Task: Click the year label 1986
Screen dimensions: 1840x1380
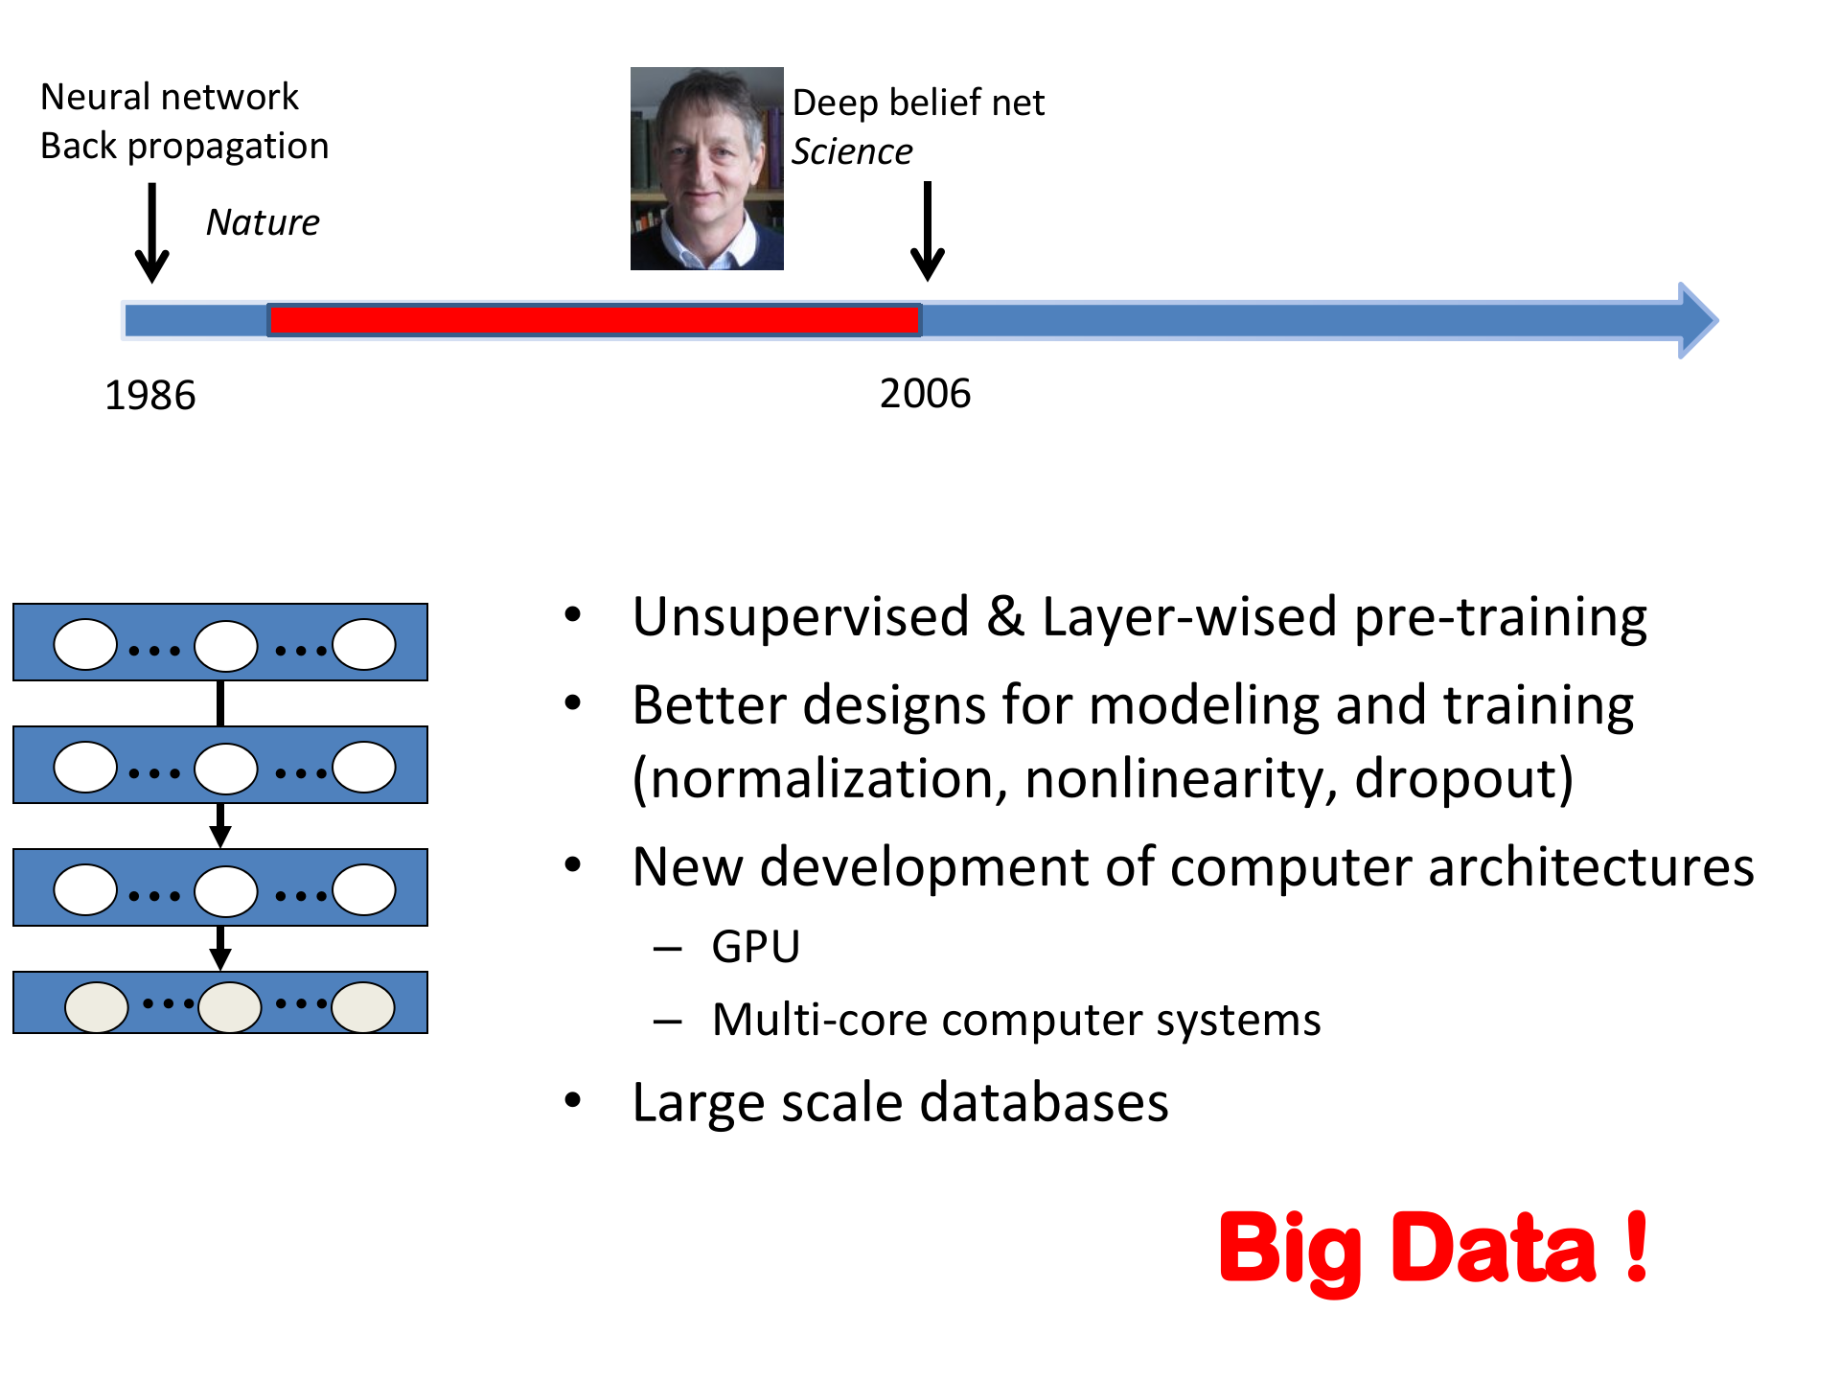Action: coord(150,395)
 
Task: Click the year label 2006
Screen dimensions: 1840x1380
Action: coord(925,393)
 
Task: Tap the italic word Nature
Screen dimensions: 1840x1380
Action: coord(263,222)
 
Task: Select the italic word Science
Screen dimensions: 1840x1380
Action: coord(852,151)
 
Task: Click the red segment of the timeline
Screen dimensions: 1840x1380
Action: coord(594,320)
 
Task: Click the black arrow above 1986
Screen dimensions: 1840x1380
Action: coord(151,233)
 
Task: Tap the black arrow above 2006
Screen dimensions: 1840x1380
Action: coord(927,231)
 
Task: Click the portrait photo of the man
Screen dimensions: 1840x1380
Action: coord(707,169)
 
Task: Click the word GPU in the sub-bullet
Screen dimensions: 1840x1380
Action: coord(755,947)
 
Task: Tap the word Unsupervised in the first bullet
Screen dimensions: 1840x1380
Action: coord(801,616)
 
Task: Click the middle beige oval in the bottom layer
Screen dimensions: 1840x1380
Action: coord(229,1006)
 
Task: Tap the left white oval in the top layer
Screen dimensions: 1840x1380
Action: coord(85,644)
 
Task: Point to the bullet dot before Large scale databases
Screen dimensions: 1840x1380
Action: coord(573,1100)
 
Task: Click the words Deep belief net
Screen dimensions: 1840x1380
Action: coord(918,103)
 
